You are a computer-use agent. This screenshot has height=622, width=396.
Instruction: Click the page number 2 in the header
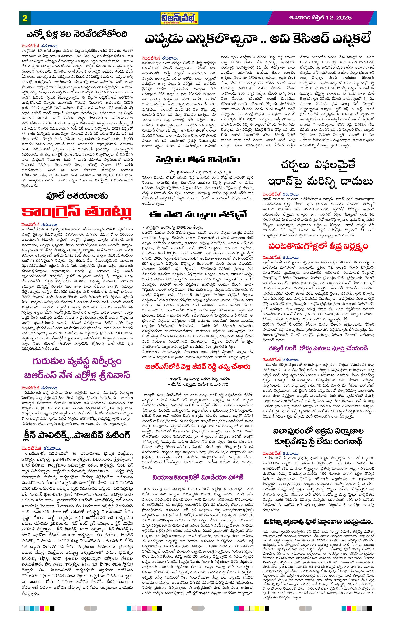tap(25, 18)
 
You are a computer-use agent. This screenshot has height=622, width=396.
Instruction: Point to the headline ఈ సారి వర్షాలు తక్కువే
tap(198, 214)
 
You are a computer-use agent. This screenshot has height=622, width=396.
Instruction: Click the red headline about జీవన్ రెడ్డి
tap(198, 367)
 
